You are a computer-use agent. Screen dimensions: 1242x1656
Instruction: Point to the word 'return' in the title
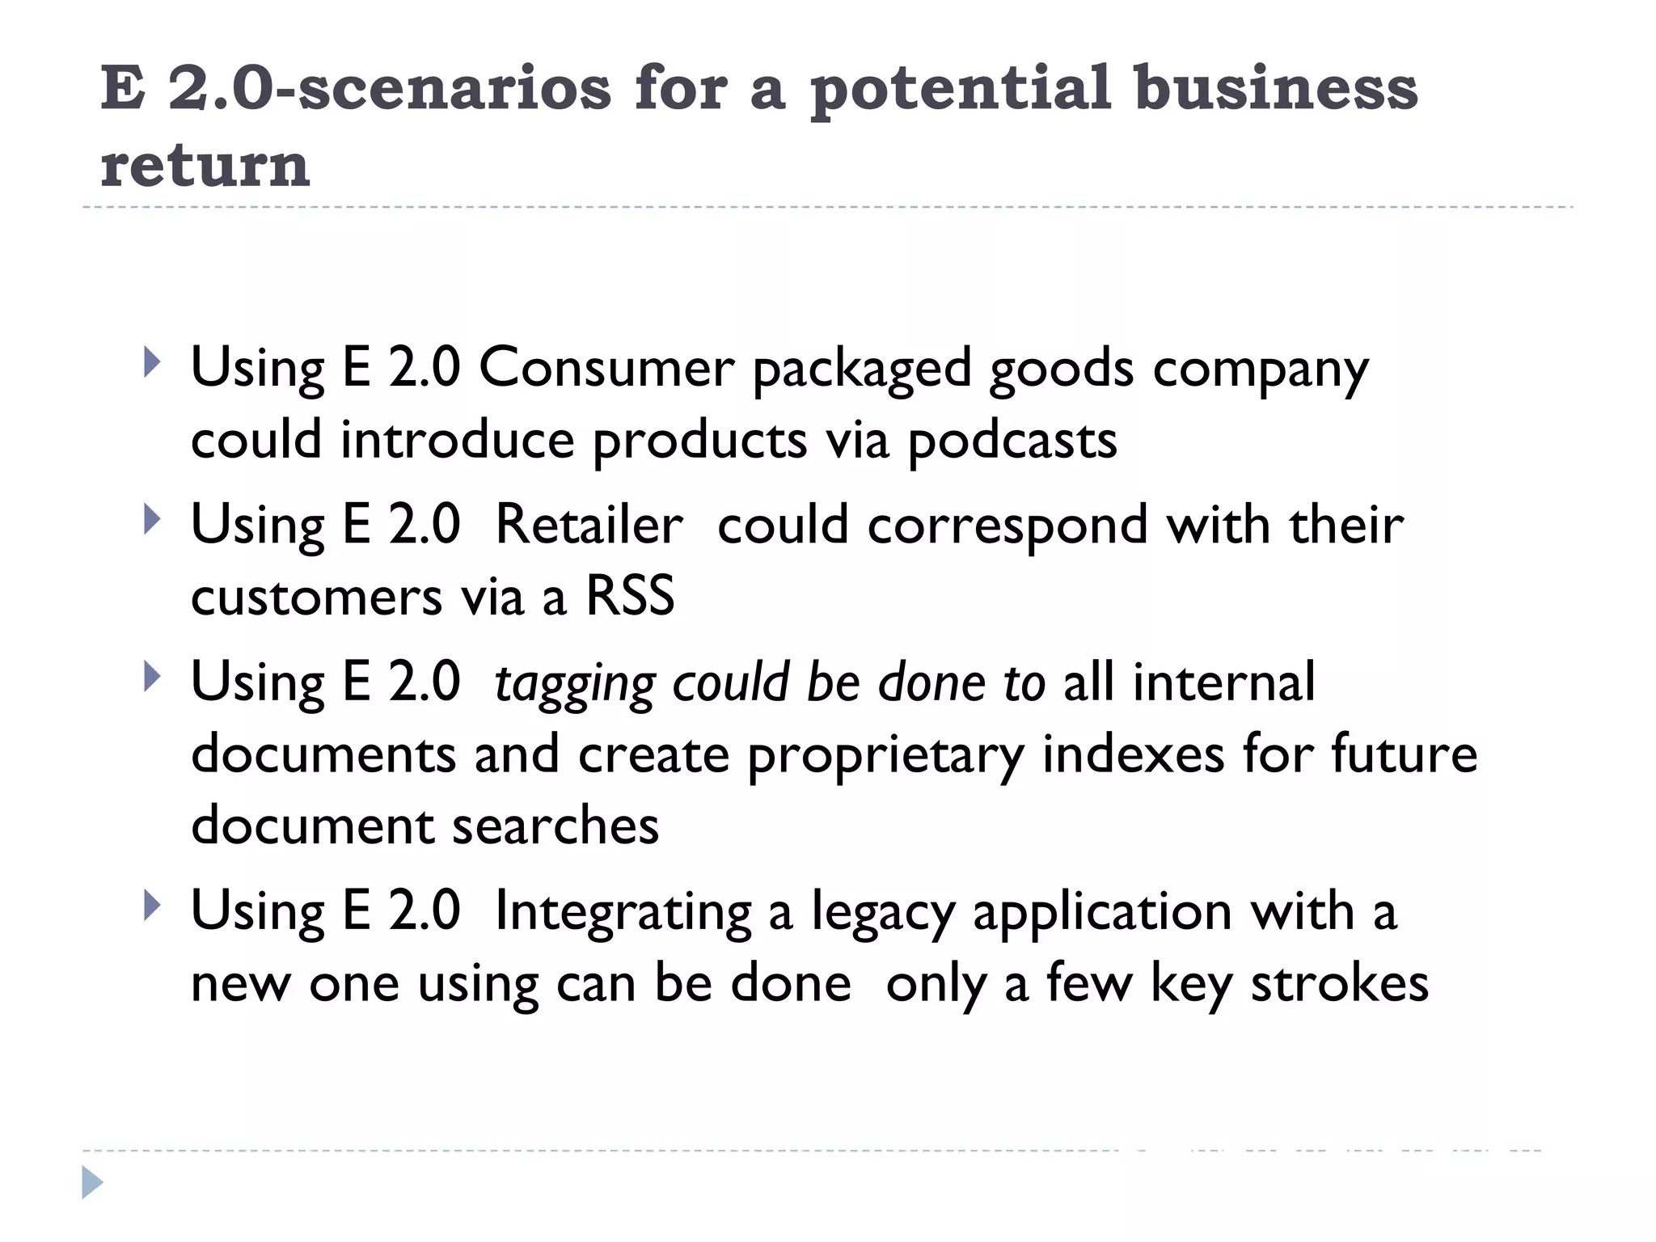click(205, 165)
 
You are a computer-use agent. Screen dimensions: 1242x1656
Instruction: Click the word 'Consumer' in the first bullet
click(606, 368)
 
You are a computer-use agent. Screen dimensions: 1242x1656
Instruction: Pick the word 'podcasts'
click(1012, 441)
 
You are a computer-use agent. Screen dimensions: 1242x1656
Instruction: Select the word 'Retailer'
click(589, 525)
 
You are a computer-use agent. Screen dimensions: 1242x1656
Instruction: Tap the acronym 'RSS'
click(630, 597)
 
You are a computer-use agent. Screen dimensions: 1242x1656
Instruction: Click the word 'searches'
click(556, 826)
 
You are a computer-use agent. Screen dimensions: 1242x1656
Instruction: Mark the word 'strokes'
click(1340, 984)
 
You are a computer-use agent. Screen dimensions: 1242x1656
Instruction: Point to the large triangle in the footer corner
click(92, 1183)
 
